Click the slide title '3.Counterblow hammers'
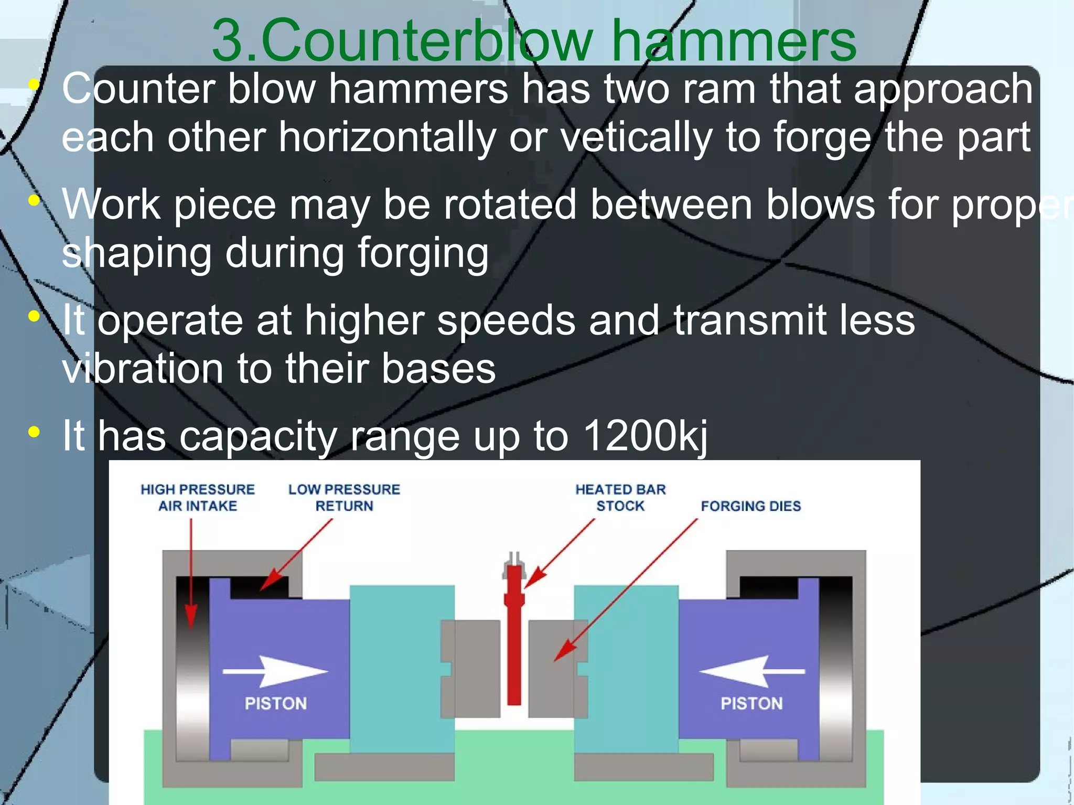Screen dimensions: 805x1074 coord(534,41)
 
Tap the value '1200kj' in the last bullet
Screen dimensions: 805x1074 coord(645,435)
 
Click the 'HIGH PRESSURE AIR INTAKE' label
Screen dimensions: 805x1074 coord(198,497)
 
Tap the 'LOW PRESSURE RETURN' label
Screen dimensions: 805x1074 coord(344,497)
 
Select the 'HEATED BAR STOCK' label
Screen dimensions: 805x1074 coord(620,497)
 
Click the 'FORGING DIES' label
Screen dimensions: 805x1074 coord(750,506)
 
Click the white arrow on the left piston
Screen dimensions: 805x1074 coord(275,671)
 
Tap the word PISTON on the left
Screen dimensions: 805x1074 coord(276,703)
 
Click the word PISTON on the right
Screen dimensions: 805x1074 coord(751,703)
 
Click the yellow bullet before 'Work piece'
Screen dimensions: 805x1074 coord(34,200)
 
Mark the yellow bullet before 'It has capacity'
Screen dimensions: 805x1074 coord(34,432)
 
